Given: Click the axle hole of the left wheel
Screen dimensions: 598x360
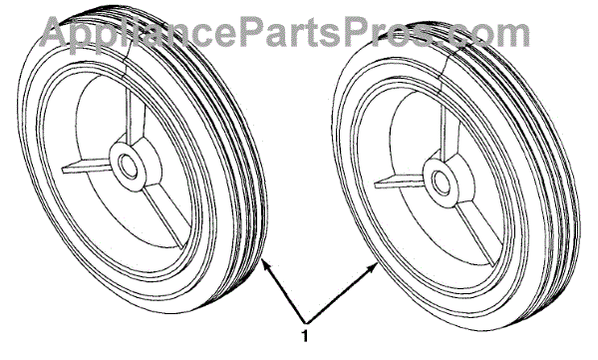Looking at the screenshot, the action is [128, 167].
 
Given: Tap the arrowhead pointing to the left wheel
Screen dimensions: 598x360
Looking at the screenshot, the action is [267, 265].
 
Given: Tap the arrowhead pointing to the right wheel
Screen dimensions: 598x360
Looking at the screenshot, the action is [372, 267].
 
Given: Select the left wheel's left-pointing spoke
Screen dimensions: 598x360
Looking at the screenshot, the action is [87, 167].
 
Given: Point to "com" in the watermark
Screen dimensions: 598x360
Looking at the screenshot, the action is [489, 34].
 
